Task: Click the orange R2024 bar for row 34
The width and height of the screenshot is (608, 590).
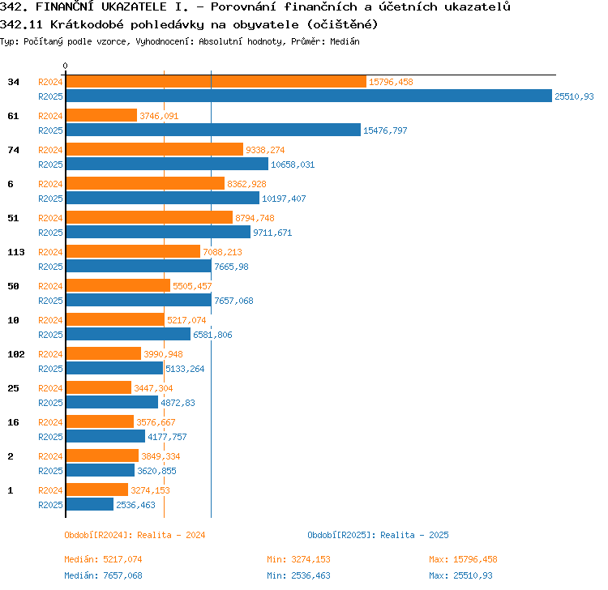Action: click(216, 81)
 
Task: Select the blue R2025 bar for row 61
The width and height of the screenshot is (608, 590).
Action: click(213, 130)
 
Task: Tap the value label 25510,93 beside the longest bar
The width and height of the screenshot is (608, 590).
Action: click(574, 96)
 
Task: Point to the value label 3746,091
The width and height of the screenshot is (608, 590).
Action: click(159, 116)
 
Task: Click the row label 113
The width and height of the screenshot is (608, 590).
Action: click(16, 252)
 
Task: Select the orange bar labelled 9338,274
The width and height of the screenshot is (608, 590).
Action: click(155, 149)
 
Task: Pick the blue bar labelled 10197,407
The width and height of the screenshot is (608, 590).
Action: click(163, 198)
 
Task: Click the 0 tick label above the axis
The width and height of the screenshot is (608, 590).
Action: click(65, 66)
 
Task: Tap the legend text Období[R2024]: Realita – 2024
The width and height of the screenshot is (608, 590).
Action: click(135, 535)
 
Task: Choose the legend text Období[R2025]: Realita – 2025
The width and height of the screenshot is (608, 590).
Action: click(378, 535)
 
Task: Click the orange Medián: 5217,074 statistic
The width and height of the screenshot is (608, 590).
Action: click(103, 559)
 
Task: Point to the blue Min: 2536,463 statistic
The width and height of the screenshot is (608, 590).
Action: click(298, 575)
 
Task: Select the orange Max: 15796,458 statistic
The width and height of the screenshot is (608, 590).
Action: click(463, 559)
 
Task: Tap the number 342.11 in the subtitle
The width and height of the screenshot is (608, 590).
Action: click(21, 25)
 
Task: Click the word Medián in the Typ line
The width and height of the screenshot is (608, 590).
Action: click(345, 41)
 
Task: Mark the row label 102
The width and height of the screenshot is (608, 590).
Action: click(16, 354)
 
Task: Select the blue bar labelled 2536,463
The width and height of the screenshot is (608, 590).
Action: click(89, 504)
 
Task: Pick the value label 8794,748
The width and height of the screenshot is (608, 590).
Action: click(255, 218)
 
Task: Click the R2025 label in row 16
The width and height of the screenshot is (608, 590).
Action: click(50, 437)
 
